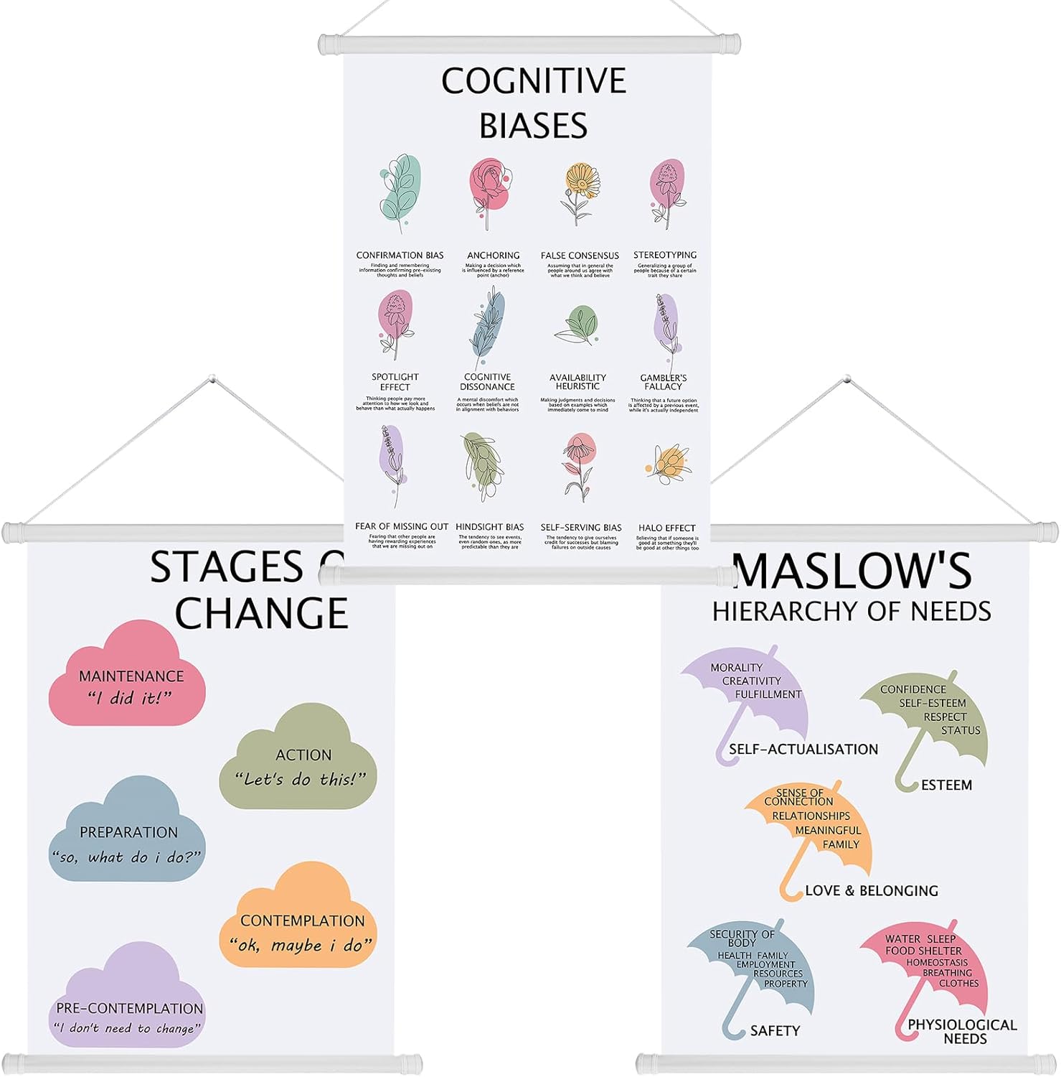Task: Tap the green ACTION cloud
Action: tap(298, 761)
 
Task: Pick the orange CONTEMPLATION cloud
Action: tap(298, 923)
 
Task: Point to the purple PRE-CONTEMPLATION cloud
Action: tap(127, 1002)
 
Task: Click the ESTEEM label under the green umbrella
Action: tap(946, 785)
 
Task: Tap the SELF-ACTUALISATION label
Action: tap(803, 750)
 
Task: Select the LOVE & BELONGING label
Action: tap(871, 891)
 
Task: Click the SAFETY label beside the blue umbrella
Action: tap(774, 1031)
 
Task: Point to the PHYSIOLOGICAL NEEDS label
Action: tap(962, 1031)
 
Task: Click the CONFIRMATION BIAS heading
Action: tap(400, 256)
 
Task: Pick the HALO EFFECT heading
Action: tap(666, 528)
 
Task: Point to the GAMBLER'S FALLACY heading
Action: tap(664, 382)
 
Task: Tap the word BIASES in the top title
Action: tap(533, 125)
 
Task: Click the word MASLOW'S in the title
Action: tap(852, 572)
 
